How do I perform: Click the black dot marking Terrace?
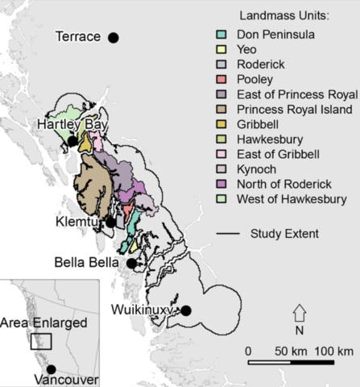tap(114, 37)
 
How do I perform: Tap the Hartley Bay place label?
tap(72, 124)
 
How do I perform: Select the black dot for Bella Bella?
tap(131, 263)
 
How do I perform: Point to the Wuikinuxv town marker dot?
tap(185, 310)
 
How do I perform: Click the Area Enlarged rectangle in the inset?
tap(40, 340)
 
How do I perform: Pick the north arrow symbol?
tap(299, 314)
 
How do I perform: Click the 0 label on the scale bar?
tap(248, 352)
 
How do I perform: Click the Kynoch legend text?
tap(255, 169)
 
